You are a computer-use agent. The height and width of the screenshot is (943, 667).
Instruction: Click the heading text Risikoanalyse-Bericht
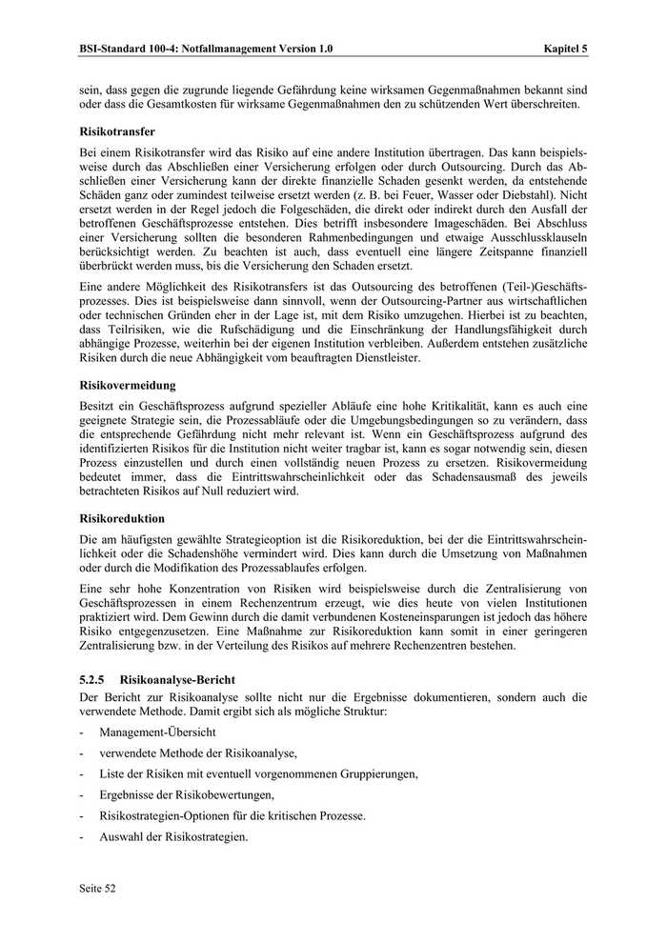pos(179,681)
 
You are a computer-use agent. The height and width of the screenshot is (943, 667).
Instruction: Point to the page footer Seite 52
pos(97,888)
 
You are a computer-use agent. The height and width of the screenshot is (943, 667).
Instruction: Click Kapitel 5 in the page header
pos(565,47)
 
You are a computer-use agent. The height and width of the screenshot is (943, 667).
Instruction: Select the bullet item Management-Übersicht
pos(157,732)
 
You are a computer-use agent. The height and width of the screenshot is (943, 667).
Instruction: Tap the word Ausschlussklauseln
pos(533,231)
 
